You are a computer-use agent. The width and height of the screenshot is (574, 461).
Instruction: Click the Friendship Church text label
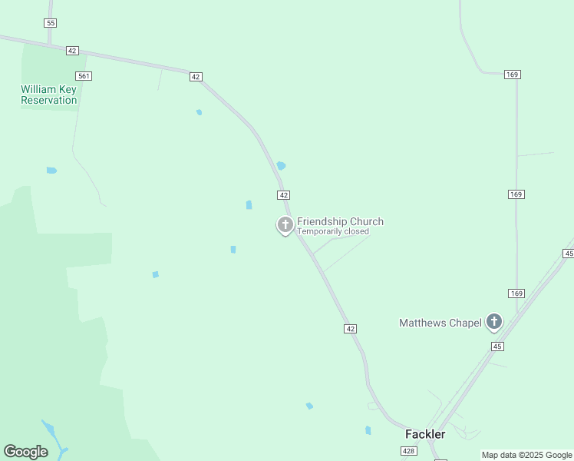click(340, 221)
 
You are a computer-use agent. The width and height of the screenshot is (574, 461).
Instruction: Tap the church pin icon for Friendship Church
click(285, 225)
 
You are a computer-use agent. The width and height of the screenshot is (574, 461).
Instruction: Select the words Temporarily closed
click(333, 231)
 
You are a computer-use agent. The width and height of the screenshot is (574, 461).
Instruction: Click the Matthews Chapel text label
click(440, 323)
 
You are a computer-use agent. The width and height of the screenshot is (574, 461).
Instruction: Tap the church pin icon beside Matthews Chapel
click(494, 322)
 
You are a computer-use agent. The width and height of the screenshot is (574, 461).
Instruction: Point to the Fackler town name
click(425, 434)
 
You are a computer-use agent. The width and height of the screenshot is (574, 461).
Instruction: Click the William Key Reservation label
click(49, 95)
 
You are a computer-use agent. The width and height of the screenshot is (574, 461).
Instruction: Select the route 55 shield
click(51, 23)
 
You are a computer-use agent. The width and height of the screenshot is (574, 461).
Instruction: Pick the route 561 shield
click(84, 75)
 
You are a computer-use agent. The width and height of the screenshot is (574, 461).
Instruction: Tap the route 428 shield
click(409, 452)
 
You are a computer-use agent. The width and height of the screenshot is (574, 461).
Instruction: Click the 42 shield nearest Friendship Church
click(284, 195)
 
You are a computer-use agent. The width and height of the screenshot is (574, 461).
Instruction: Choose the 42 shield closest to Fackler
click(350, 328)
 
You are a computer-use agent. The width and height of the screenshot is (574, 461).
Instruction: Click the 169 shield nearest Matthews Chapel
click(516, 294)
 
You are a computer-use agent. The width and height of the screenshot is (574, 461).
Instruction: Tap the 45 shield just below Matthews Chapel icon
click(497, 347)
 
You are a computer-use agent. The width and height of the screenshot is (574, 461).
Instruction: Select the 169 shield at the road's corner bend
click(513, 75)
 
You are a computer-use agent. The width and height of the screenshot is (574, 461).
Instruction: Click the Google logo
click(25, 452)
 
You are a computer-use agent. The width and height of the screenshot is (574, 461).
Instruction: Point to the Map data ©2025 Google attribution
click(526, 455)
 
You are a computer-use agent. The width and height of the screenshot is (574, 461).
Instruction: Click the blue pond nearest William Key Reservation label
click(51, 170)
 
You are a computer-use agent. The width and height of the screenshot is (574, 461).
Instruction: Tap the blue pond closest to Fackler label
click(368, 430)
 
